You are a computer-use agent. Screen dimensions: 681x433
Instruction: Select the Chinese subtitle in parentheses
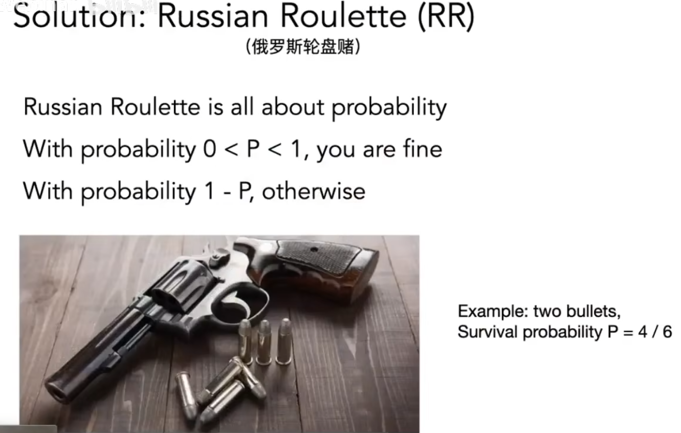(303, 47)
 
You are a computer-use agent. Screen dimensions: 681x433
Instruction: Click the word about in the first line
(293, 107)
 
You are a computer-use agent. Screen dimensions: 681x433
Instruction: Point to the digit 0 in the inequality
(210, 149)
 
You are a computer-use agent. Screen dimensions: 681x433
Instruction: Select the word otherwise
(314, 192)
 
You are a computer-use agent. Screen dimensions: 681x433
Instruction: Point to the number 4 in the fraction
(643, 332)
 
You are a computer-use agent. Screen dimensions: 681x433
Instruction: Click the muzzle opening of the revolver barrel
(56, 393)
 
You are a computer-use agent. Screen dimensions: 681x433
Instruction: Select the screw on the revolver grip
(314, 250)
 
